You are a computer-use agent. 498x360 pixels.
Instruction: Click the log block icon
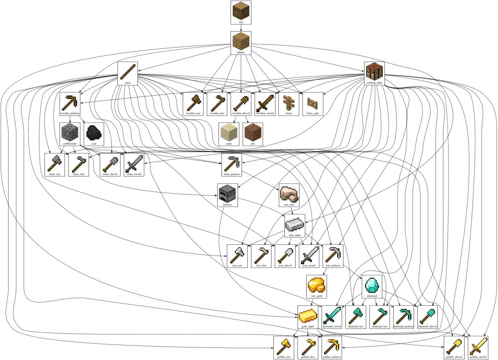point(241,11)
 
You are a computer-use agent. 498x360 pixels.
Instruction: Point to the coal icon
point(94,133)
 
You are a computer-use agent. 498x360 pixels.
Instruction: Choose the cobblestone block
point(70,133)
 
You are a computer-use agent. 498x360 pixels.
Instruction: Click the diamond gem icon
point(372,285)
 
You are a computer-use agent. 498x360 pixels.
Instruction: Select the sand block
point(229,133)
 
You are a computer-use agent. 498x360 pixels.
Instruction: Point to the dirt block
point(253,133)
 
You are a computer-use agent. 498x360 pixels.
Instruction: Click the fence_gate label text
point(313,114)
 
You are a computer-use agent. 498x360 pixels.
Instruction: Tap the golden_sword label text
point(478,357)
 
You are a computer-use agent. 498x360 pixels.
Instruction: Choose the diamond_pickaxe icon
point(403,315)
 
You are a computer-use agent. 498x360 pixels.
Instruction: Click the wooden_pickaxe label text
point(70,114)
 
